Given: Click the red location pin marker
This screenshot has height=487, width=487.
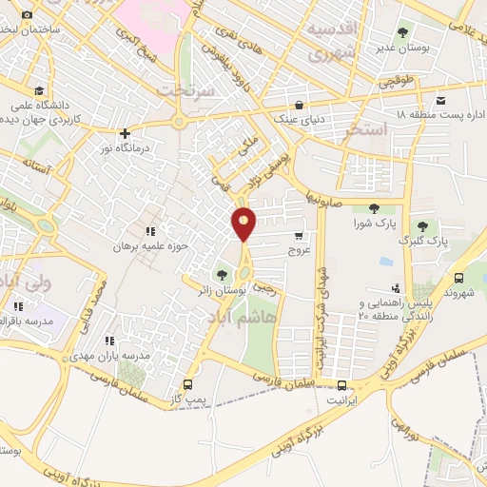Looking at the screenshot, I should [244, 224].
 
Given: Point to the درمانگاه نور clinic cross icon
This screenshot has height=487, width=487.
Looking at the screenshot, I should [125, 134].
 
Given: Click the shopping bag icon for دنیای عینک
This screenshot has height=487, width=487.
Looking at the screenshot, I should [300, 105].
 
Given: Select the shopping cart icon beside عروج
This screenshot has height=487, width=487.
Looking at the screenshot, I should [300, 236].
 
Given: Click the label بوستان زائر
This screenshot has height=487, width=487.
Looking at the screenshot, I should [222, 287].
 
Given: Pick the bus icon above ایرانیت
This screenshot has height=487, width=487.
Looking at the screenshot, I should [341, 385].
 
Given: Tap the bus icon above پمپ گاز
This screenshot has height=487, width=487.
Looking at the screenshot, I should [187, 385].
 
